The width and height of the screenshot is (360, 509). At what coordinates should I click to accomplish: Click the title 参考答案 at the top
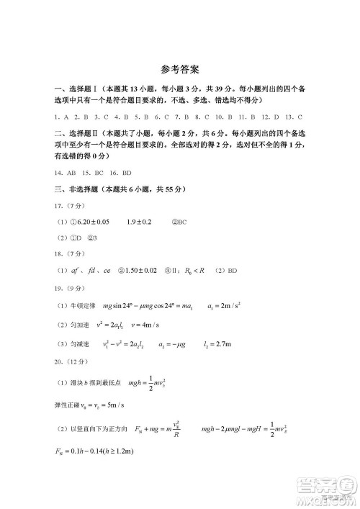point(180,70)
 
